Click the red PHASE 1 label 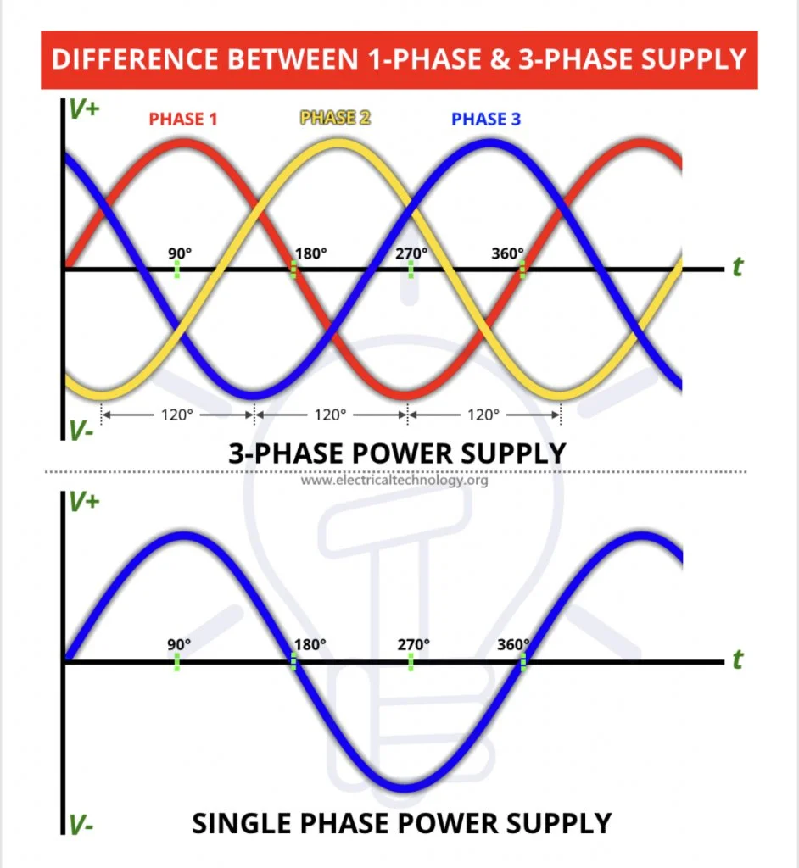[x=183, y=119]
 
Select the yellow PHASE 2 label [x=335, y=117]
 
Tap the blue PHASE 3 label [x=486, y=119]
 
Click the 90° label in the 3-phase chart [x=180, y=253]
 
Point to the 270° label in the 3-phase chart [x=411, y=253]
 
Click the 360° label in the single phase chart [x=513, y=645]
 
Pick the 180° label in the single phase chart [x=310, y=645]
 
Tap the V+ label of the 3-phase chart [x=84, y=109]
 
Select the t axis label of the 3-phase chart [x=737, y=267]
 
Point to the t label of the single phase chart [x=737, y=659]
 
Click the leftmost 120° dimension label [x=176, y=415]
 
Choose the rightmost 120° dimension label [x=483, y=415]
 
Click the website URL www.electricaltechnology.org [x=394, y=480]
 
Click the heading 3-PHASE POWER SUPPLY [x=397, y=453]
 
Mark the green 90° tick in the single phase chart [x=176, y=662]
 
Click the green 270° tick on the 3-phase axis [x=411, y=270]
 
